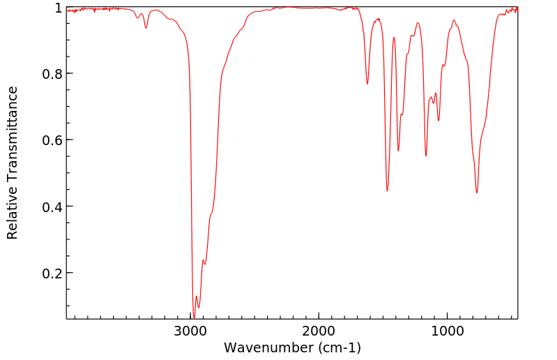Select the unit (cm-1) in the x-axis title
pos(337,347)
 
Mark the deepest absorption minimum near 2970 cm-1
pos(194,317)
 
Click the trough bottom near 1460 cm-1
pos(387,190)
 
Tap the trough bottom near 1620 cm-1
pos(367,84)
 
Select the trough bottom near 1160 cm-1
pos(426,156)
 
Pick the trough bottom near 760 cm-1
pos(477,193)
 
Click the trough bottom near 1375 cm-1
pos(398,151)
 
